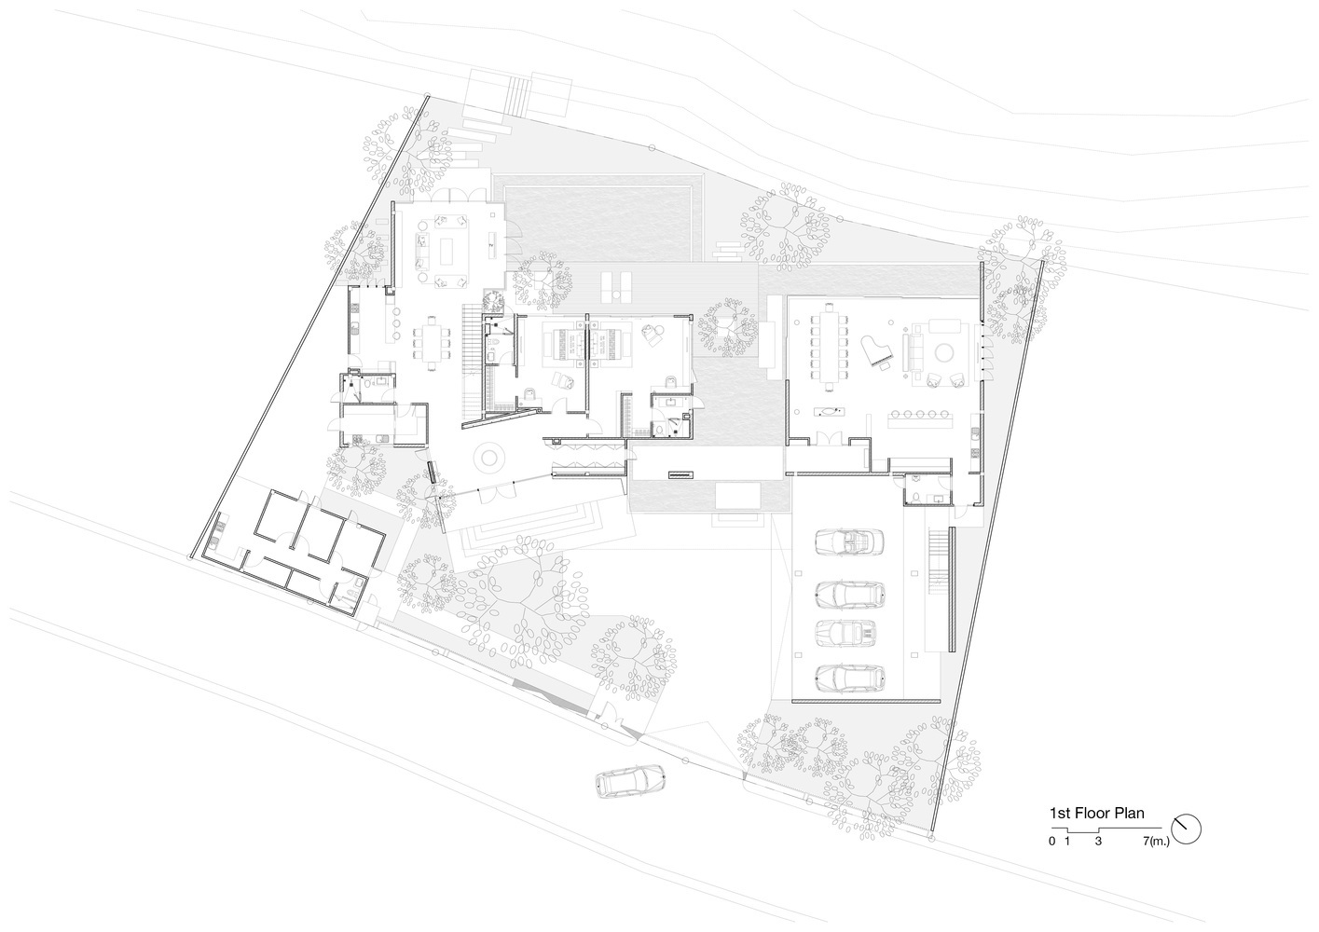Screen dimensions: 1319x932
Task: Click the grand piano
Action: (x=877, y=350)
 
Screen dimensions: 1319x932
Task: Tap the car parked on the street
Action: (x=630, y=781)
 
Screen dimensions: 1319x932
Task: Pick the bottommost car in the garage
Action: (x=850, y=678)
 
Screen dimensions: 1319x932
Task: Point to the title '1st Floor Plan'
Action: (x=1096, y=813)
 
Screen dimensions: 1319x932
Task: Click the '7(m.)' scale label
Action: (x=1156, y=842)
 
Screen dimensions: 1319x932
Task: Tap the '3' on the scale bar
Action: (x=1097, y=842)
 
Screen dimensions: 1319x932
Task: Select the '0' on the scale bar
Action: (x=1051, y=842)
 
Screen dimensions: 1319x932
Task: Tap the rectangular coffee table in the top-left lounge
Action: (x=447, y=252)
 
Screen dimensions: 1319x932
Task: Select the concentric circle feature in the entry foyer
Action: (x=489, y=457)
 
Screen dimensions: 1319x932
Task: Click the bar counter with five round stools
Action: (x=920, y=422)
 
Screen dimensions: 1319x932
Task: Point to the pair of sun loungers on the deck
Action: (x=616, y=287)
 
